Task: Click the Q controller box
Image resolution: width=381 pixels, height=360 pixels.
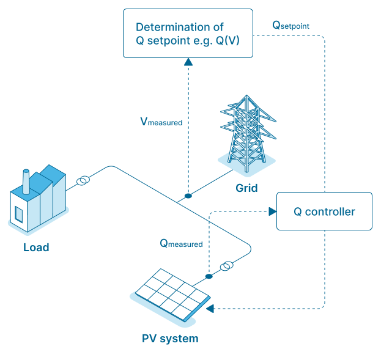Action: pyautogui.click(x=324, y=211)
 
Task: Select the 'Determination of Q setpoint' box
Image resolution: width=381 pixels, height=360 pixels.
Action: pyautogui.click(x=188, y=34)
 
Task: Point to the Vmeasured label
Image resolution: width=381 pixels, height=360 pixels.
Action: pyautogui.click(x=161, y=122)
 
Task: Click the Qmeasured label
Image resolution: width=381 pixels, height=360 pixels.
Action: pyautogui.click(x=181, y=243)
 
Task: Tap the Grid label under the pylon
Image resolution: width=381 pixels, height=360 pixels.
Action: pyautogui.click(x=246, y=188)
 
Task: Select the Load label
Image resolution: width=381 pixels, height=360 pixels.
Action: pyautogui.click(x=36, y=248)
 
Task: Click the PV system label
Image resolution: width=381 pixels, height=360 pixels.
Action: pyautogui.click(x=170, y=338)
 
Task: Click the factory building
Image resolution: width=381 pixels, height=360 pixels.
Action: pyautogui.click(x=38, y=199)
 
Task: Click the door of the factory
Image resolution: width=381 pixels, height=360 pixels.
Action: pyautogui.click(x=19, y=214)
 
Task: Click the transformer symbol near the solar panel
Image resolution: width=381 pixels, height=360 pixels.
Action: pyautogui.click(x=226, y=266)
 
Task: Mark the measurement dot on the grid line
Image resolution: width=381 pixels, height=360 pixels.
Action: pyautogui.click(x=188, y=196)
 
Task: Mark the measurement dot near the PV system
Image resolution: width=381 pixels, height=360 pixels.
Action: pyautogui.click(x=209, y=276)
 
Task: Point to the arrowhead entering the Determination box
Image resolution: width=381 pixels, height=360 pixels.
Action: pyautogui.click(x=188, y=62)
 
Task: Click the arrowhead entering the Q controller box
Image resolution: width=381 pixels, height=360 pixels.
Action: pyautogui.click(x=272, y=211)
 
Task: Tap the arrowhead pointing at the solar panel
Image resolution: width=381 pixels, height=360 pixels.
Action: pyautogui.click(x=210, y=309)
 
